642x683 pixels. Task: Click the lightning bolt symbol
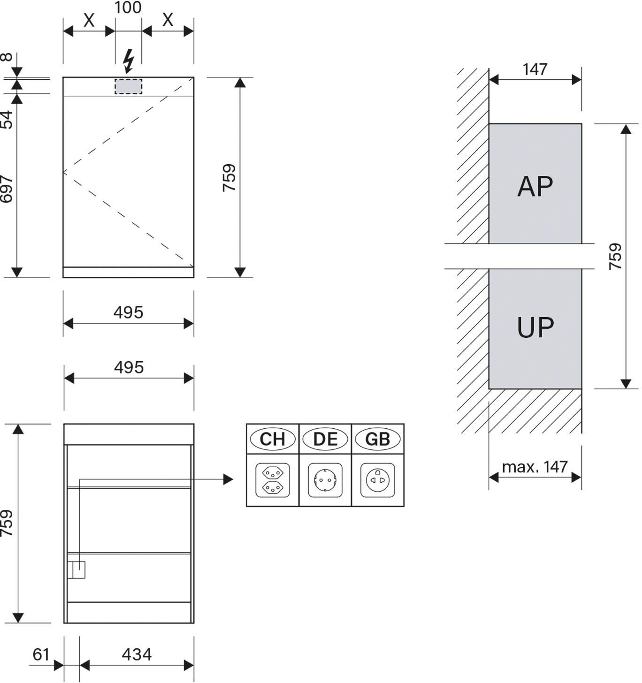(x=129, y=61)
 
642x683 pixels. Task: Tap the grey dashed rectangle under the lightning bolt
(x=129, y=86)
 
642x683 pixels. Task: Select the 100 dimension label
(x=128, y=8)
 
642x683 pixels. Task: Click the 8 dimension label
(x=7, y=57)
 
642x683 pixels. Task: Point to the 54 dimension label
(x=7, y=120)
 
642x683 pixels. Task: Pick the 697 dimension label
(x=7, y=189)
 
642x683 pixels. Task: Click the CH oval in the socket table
(x=272, y=439)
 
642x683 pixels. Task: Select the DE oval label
(x=325, y=439)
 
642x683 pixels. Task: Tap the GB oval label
(x=378, y=439)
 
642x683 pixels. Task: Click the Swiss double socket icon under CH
(x=273, y=480)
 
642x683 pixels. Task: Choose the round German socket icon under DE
(x=325, y=480)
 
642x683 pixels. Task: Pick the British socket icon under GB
(x=378, y=480)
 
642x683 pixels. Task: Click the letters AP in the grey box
(x=535, y=186)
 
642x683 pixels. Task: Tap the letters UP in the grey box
(x=535, y=327)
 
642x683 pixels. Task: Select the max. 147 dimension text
(x=535, y=467)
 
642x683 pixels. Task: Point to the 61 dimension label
(x=41, y=654)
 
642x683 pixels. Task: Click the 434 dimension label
(x=137, y=654)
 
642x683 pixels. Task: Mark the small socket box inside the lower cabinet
(x=76, y=570)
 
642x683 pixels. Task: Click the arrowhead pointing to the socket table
(x=228, y=479)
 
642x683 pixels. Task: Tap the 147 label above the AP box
(x=535, y=69)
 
